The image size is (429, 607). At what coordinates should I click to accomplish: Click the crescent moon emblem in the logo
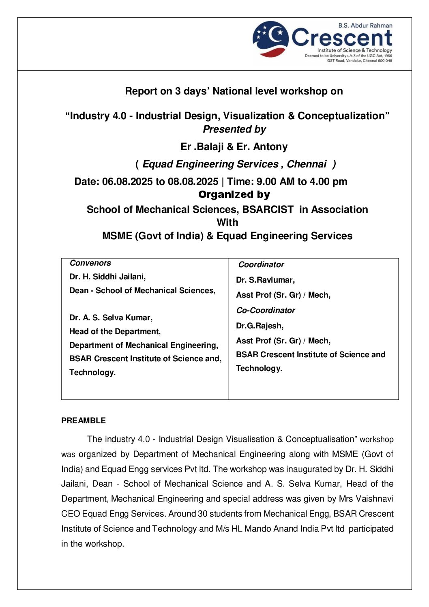270,38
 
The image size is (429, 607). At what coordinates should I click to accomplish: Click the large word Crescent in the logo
342,38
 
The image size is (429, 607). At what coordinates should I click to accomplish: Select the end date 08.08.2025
193,182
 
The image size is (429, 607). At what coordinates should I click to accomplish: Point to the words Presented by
234,129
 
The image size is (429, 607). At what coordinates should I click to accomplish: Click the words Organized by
234,195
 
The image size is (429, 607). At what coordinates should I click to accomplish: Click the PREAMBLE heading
84,420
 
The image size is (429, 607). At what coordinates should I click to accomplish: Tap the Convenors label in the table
90,263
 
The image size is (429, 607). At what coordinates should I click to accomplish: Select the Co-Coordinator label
266,310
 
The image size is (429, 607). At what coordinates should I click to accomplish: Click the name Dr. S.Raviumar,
265,280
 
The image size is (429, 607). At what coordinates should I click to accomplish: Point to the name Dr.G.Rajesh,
260,326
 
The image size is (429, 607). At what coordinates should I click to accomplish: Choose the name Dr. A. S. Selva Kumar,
111,317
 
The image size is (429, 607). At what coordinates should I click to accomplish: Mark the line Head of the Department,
115,331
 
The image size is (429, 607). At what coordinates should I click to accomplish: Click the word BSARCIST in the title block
268,210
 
